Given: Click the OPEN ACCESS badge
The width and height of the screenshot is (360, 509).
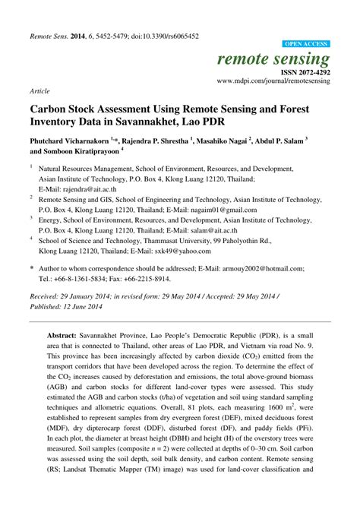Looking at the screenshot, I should (305, 44).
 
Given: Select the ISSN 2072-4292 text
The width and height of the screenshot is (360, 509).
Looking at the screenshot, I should (302, 71).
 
